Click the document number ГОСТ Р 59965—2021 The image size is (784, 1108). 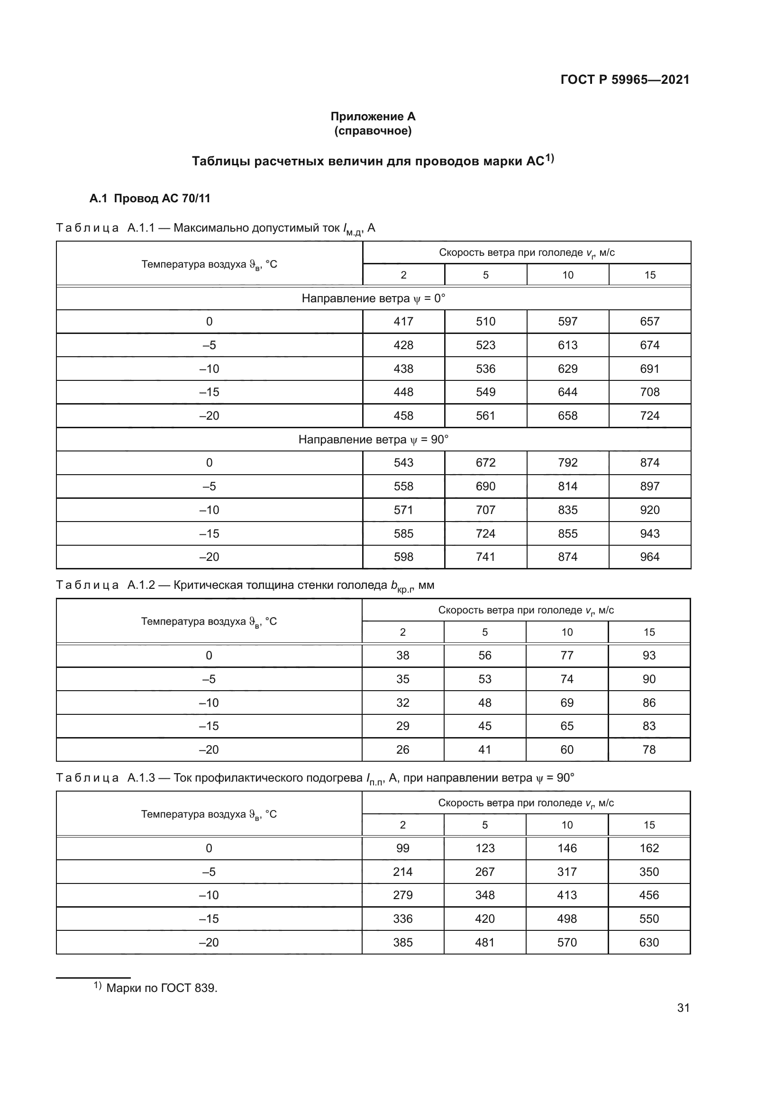[625, 80]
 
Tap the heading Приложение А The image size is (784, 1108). [373, 117]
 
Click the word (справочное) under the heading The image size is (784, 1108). [373, 131]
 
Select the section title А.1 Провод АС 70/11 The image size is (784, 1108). [150, 198]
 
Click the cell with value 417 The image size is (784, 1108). [403, 321]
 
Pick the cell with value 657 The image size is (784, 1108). [649, 321]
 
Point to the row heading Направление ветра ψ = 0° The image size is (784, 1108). [373, 298]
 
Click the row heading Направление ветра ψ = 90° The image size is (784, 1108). [373, 440]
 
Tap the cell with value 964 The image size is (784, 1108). [649, 557]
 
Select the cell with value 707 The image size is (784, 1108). [485, 510]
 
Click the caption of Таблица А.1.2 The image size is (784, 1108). [245, 586]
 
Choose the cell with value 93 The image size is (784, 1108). [649, 655]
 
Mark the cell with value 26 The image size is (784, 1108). [402, 749]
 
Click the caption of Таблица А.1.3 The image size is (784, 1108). [315, 778]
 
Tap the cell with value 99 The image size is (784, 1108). [402, 848]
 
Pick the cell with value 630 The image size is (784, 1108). [649, 942]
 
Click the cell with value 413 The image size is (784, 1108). [567, 895]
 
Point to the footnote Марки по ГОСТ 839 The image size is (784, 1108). [161, 988]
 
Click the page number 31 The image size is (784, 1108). [683, 1008]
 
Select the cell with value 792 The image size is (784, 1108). [567, 463]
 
